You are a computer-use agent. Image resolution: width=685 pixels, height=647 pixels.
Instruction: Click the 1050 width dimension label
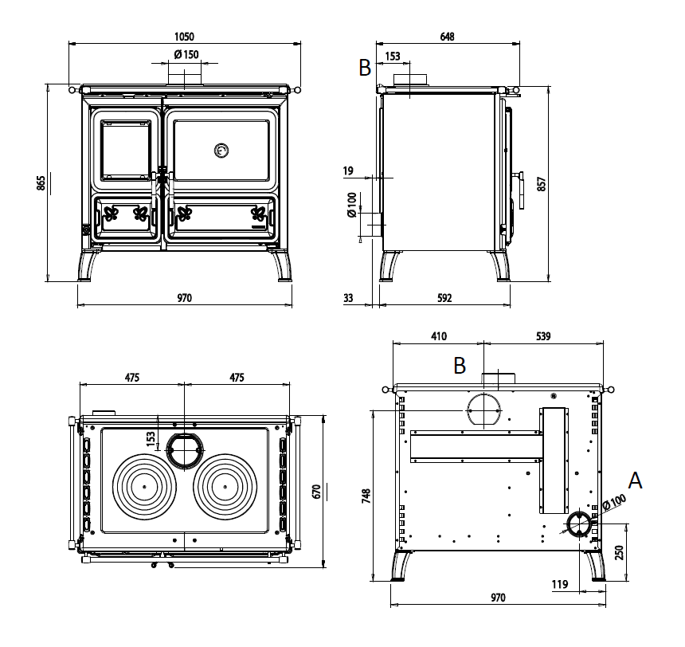(183, 36)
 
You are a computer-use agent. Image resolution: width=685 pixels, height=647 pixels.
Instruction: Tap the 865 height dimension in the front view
(41, 182)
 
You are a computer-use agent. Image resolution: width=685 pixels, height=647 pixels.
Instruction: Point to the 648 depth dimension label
(447, 36)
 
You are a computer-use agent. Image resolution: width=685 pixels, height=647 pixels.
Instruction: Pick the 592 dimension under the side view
(444, 298)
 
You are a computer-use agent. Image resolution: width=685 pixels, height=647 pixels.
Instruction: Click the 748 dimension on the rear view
(366, 496)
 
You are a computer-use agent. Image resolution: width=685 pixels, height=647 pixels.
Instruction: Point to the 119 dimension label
(559, 585)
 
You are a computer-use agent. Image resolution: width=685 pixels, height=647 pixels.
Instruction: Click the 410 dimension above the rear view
(438, 335)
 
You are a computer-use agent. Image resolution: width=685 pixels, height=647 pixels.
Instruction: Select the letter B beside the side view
(366, 69)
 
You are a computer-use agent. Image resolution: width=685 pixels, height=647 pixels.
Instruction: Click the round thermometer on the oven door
(221, 149)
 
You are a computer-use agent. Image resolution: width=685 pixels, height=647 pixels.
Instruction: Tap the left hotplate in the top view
(144, 486)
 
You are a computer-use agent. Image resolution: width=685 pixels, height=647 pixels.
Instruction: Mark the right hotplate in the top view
(225, 486)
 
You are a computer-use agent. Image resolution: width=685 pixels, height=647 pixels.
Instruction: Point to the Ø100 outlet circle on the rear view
(578, 523)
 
